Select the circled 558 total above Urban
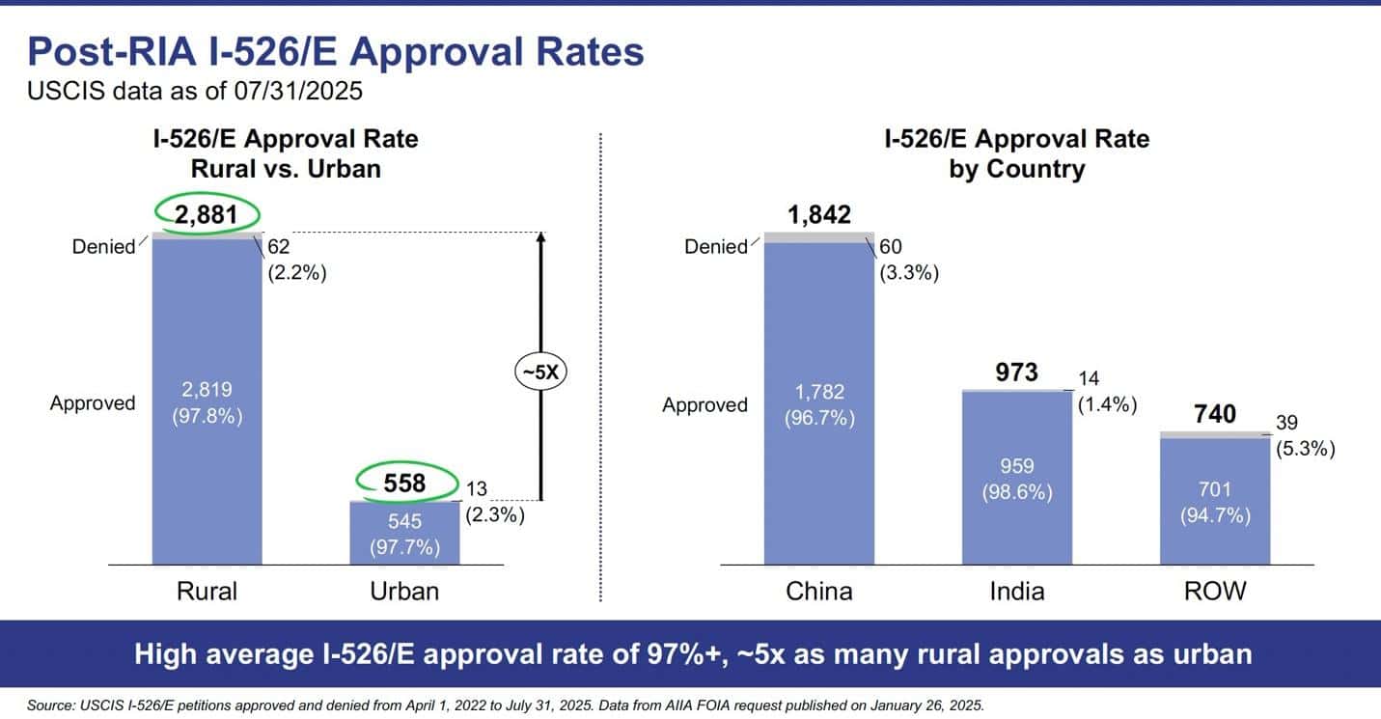(x=405, y=482)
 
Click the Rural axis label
(x=207, y=591)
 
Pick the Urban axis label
(x=404, y=591)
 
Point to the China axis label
(x=818, y=591)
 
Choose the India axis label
(x=1016, y=591)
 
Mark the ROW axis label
(x=1215, y=591)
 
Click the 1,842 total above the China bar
(x=818, y=214)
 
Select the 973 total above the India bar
(x=1016, y=372)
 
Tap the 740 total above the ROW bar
(x=1215, y=414)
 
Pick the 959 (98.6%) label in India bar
(x=1017, y=478)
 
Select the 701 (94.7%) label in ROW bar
(x=1215, y=502)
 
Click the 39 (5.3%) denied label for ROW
(x=1306, y=436)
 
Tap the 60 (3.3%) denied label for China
(x=908, y=260)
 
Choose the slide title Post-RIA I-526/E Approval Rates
(x=336, y=51)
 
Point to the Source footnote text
(x=506, y=706)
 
